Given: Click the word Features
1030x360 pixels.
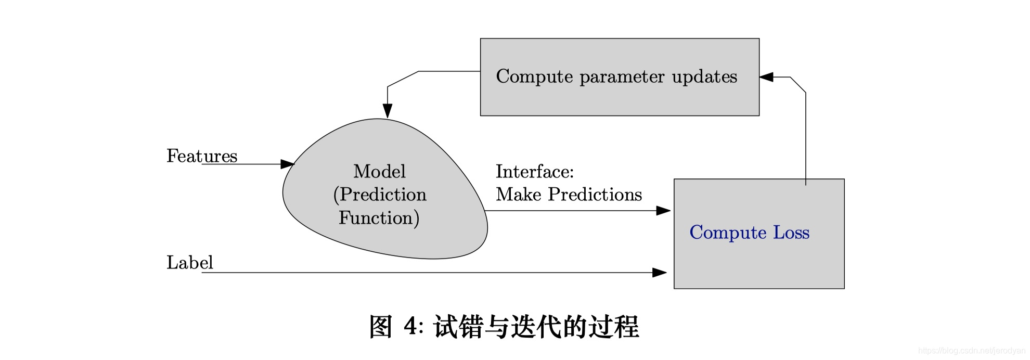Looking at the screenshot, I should click(x=202, y=156).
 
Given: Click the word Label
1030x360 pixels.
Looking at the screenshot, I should click(x=189, y=262).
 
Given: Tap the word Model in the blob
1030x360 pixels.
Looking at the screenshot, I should click(x=379, y=171).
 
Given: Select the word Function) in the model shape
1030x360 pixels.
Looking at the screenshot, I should click(x=379, y=217).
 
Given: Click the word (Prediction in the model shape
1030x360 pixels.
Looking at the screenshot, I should click(x=380, y=195).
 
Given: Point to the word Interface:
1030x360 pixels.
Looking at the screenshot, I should click(x=534, y=171).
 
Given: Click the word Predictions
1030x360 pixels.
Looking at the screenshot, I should click(x=595, y=195).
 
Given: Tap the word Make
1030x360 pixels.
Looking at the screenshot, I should click(x=519, y=195).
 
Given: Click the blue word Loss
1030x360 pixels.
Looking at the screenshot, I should click(x=791, y=232).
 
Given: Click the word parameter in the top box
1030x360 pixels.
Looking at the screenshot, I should click(x=622, y=77).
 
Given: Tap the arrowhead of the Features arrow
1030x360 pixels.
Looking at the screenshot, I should click(x=287, y=164).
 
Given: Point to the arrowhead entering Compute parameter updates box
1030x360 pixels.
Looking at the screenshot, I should click(x=766, y=77).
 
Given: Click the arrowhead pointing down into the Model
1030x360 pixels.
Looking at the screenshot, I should click(x=388, y=110).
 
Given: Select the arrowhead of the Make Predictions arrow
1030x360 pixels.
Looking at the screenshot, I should click(x=663, y=211).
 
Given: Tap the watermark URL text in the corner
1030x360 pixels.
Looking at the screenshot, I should click(x=971, y=351).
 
